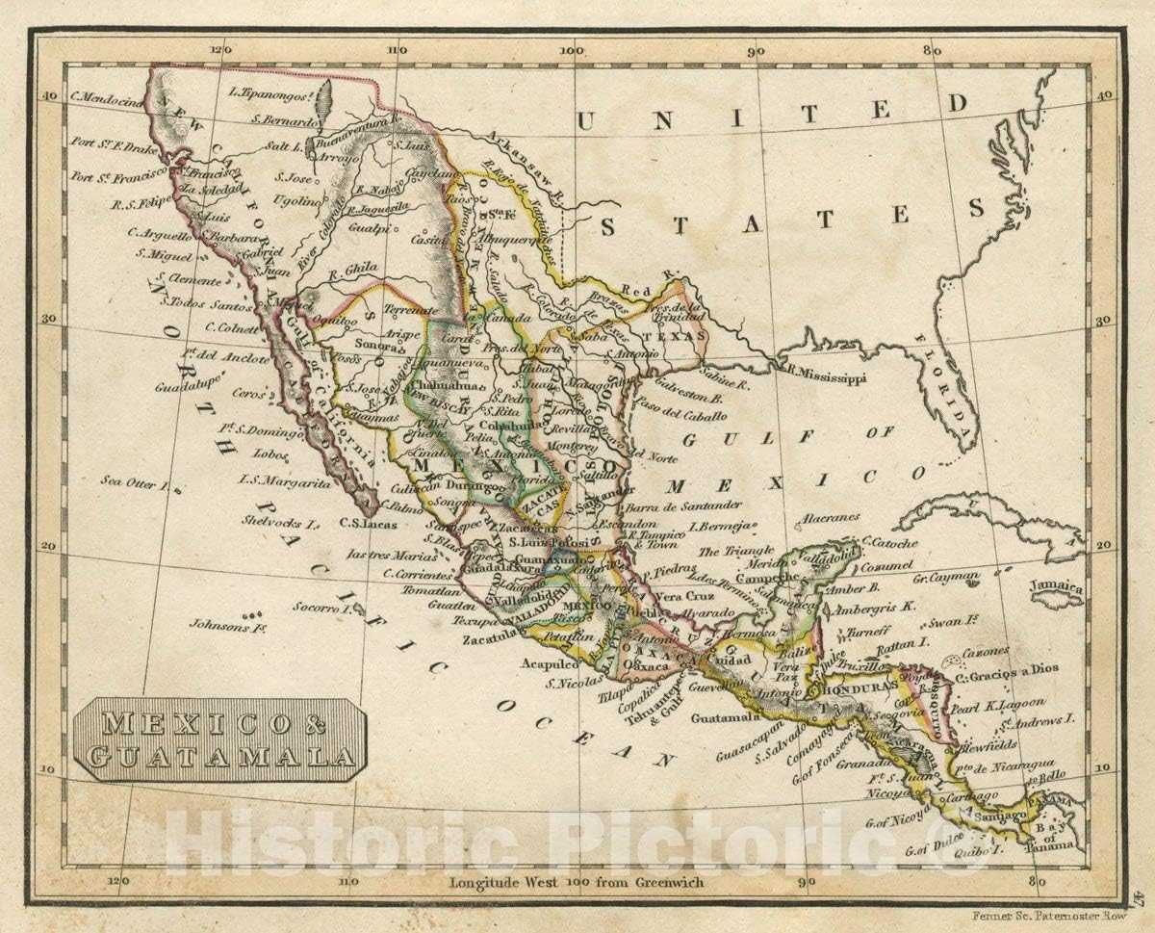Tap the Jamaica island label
click(1055, 587)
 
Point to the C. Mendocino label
click(107, 99)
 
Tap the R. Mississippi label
click(825, 376)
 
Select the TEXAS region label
click(667, 337)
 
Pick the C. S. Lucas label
click(369, 524)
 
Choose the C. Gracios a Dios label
click(1008, 673)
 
